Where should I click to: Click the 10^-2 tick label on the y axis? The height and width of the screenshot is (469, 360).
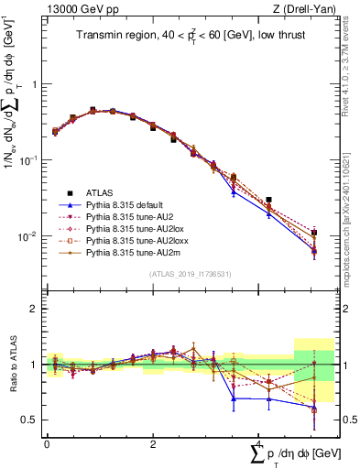tap(28, 236)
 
